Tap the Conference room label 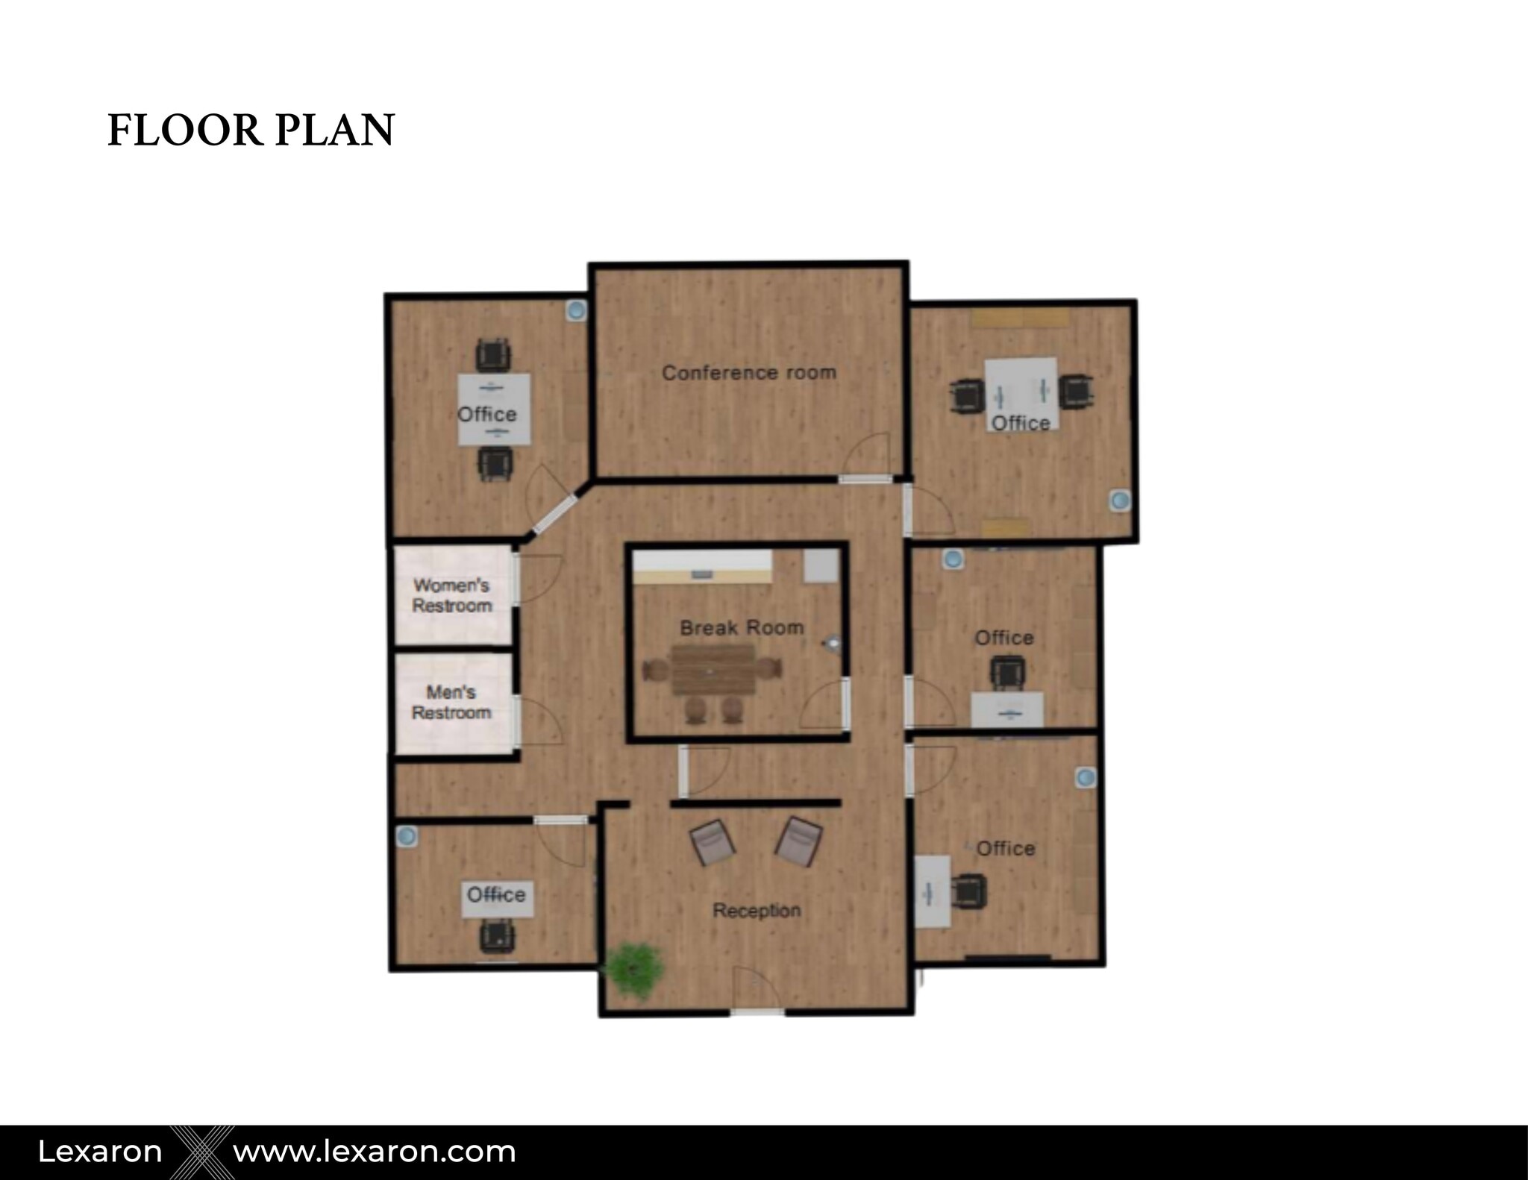(749, 372)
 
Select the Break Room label (742, 627)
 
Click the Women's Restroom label (452, 595)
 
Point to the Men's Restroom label (451, 702)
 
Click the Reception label (757, 910)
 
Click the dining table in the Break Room (714, 669)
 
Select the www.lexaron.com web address (375, 1152)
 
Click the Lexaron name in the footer (100, 1152)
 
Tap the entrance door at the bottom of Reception (757, 999)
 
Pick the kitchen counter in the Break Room (702, 568)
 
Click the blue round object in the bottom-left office (406, 836)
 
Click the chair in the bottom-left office (497, 935)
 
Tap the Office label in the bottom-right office (1005, 848)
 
